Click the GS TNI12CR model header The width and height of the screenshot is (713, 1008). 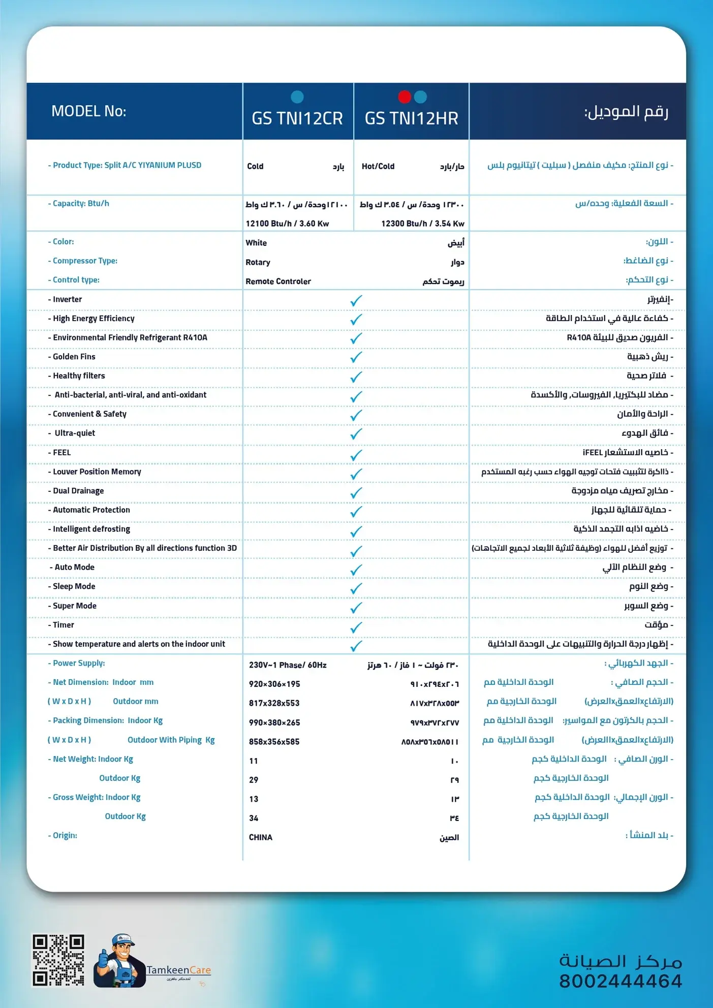[x=297, y=118]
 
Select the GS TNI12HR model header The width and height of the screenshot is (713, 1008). [x=411, y=118]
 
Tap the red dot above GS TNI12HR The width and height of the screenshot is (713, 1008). [x=405, y=97]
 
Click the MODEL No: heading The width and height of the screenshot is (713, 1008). [x=88, y=111]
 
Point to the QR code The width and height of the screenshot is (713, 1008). [x=58, y=960]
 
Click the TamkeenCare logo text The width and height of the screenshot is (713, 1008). [x=178, y=970]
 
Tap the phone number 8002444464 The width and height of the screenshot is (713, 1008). [x=620, y=981]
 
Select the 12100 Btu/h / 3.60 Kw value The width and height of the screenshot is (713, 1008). [x=287, y=224]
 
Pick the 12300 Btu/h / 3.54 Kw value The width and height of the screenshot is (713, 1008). [x=422, y=224]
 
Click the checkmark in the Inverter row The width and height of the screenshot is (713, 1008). [x=356, y=301]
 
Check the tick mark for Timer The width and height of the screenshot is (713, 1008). [x=356, y=627]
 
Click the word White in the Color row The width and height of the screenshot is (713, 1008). [x=256, y=243]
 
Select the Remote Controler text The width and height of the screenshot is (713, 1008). [x=278, y=281]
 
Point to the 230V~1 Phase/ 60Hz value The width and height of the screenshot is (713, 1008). [x=288, y=665]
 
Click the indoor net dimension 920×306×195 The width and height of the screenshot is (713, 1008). [x=274, y=684]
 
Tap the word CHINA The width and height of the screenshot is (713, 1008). [x=261, y=837]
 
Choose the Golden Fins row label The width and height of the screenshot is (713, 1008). [x=74, y=357]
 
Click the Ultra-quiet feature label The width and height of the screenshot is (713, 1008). [x=75, y=433]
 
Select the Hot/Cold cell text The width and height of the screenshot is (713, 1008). [x=378, y=166]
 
